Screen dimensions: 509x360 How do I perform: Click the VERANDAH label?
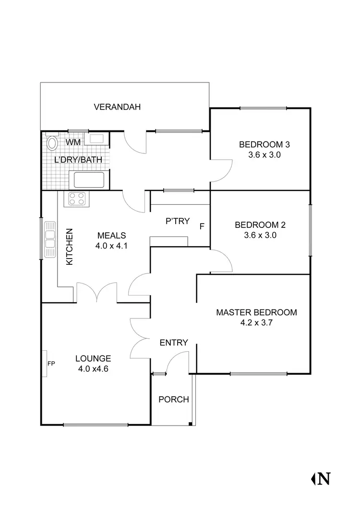118,107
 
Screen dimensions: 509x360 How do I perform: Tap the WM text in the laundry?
73,142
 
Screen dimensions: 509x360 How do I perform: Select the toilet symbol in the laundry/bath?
52,143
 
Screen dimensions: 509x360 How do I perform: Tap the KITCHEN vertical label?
69,247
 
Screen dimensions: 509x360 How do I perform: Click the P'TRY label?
177,221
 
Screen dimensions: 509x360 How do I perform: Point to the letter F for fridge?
202,225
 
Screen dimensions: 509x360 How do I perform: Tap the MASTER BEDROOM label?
256,312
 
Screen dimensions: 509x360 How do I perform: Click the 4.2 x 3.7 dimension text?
256,323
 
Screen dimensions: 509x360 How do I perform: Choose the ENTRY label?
173,343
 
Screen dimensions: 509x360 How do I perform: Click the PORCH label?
173,399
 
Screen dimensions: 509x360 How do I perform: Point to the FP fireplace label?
51,364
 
